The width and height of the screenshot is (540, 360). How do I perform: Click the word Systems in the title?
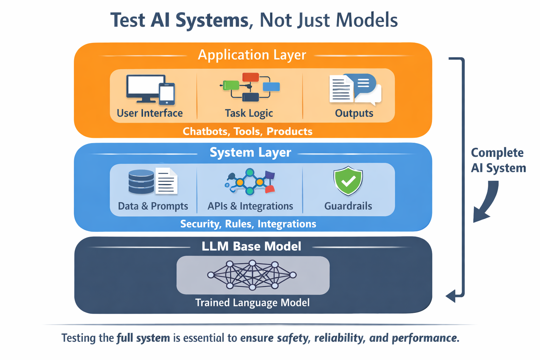(212, 20)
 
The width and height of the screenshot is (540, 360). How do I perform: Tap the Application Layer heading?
(252, 55)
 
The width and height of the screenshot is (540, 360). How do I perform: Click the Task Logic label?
(249, 113)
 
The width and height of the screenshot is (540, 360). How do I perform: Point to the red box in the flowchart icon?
(250, 77)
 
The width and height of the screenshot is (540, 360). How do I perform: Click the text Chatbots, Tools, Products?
(247, 131)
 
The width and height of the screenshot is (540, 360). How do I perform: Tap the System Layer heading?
(250, 153)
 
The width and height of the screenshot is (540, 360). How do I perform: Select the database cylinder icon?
(141, 182)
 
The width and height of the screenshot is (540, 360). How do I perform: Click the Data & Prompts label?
(153, 206)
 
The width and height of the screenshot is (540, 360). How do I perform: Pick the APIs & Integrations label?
(250, 206)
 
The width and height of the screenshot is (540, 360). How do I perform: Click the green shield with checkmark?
(348, 181)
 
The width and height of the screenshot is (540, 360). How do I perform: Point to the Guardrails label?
(348, 206)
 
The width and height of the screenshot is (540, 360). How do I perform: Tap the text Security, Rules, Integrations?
(248, 224)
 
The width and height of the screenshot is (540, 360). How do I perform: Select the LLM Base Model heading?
(251, 246)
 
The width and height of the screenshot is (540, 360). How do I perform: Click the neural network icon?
(252, 275)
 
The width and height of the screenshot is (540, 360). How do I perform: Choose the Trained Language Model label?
(252, 303)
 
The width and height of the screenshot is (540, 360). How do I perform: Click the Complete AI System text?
(498, 160)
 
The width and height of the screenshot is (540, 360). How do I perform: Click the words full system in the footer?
(143, 338)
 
